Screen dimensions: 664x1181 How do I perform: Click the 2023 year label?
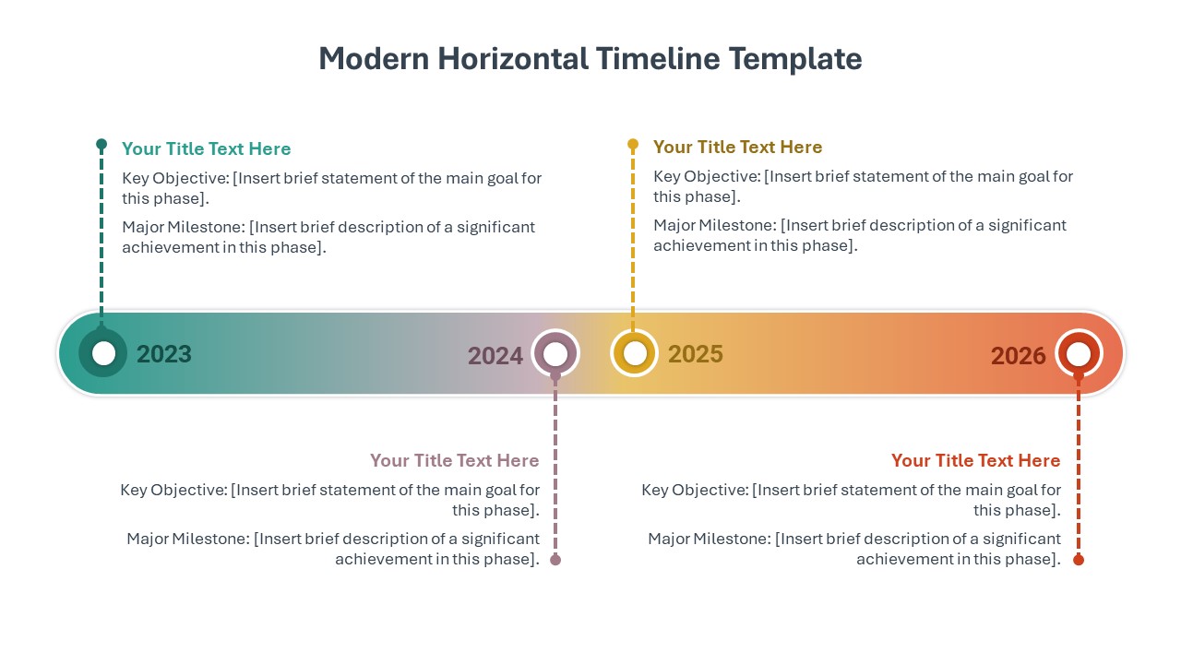[164, 354]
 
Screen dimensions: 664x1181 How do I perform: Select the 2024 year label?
[495, 356]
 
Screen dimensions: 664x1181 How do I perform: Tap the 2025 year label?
[696, 354]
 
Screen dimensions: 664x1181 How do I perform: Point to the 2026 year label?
[1019, 356]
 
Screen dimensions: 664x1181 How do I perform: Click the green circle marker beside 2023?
[103, 353]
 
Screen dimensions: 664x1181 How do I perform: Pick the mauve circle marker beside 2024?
[555, 353]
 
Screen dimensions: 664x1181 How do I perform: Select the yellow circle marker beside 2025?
[634, 353]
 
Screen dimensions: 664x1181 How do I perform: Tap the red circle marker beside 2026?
[1078, 353]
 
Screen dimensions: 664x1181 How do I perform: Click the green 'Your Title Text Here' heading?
[206, 149]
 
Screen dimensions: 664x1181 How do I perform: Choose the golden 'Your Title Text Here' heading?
[737, 148]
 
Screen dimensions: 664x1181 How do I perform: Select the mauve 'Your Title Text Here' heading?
[454, 460]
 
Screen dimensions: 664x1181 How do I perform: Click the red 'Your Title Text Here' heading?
[975, 460]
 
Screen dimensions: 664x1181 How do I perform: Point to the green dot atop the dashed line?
[101, 145]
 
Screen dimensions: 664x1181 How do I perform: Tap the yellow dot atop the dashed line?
[633, 145]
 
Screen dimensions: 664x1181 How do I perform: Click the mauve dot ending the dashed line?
[555, 560]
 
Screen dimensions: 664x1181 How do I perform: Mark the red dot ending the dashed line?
[1079, 560]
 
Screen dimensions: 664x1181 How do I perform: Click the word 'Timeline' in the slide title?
[658, 59]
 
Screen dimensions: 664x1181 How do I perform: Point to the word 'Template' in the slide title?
[795, 59]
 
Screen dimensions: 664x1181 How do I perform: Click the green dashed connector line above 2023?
[101, 240]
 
